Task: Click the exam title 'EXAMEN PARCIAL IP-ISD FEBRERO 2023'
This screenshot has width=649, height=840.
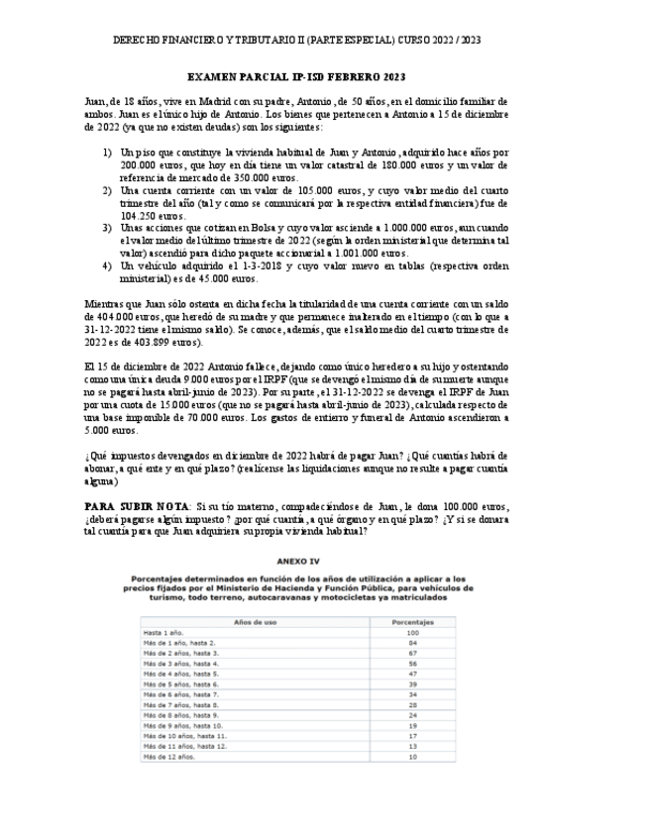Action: click(296, 77)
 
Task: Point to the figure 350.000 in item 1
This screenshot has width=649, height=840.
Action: click(225, 176)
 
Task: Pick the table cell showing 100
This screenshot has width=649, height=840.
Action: click(413, 632)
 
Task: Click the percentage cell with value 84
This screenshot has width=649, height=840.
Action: click(413, 643)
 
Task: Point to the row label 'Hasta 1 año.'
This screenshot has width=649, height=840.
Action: click(163, 632)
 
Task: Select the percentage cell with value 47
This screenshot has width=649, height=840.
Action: click(413, 674)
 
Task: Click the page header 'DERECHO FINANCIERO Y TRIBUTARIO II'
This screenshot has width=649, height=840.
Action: click(208, 41)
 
